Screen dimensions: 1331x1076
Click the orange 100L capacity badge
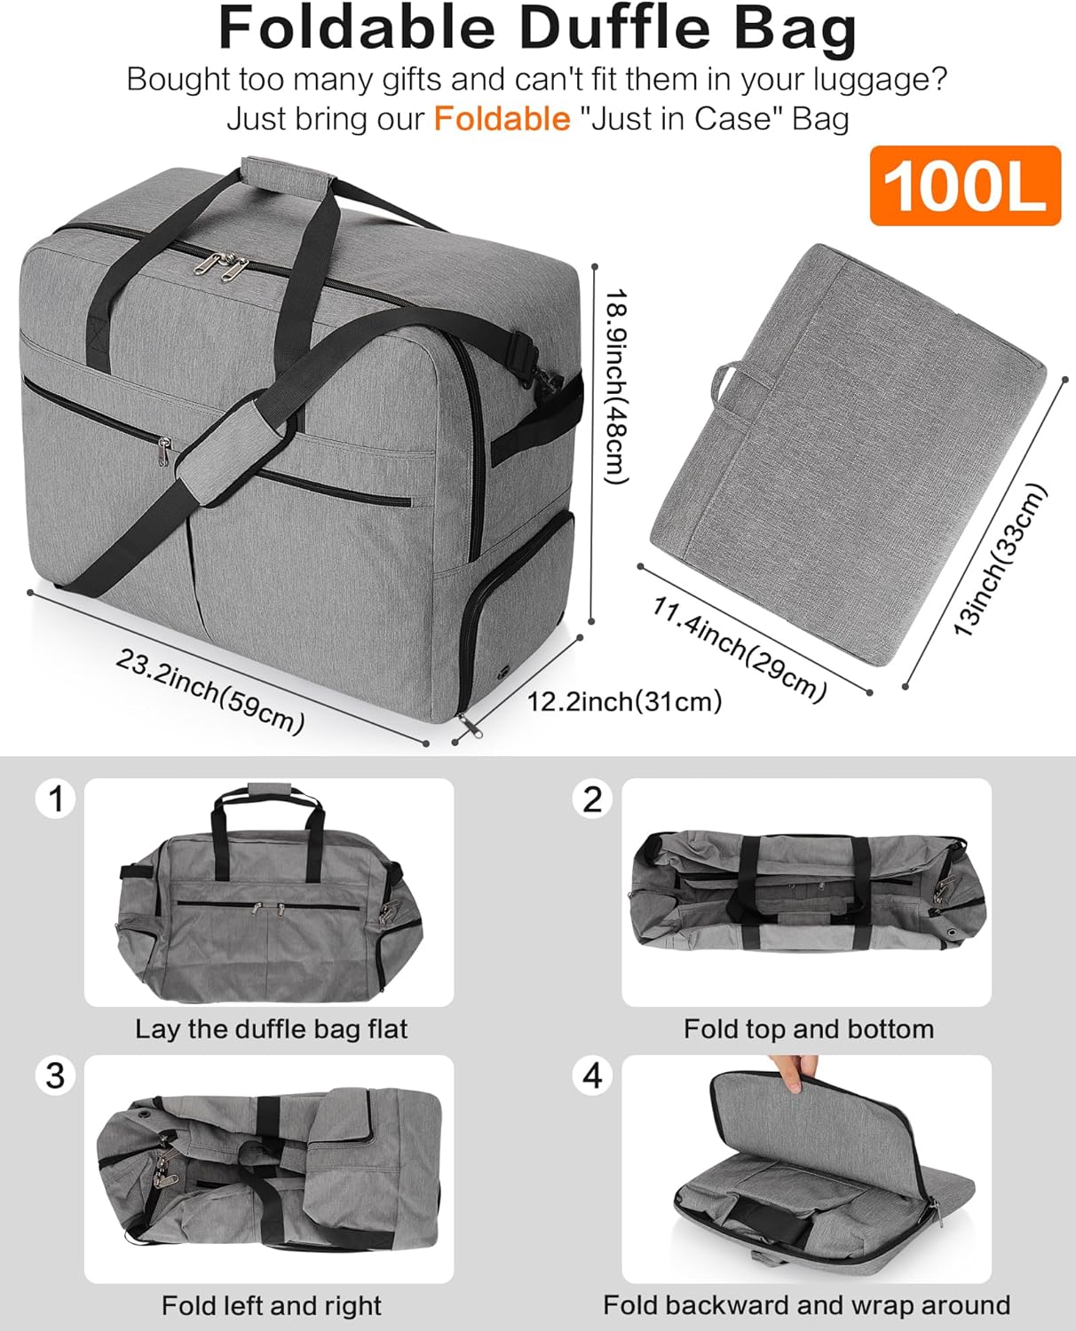(x=965, y=185)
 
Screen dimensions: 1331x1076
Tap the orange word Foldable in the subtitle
(x=502, y=119)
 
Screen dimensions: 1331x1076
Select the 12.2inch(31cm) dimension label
(x=624, y=702)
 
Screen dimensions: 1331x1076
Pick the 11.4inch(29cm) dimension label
(x=740, y=649)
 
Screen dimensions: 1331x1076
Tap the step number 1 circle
(x=55, y=799)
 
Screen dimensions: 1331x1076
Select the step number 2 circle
(x=592, y=799)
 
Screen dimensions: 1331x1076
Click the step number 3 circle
(x=55, y=1075)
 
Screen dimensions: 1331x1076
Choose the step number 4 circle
(x=592, y=1075)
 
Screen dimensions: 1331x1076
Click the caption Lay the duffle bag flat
(x=271, y=1029)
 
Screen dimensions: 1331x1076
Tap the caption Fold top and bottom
(x=808, y=1029)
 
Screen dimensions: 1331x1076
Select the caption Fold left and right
(x=271, y=1306)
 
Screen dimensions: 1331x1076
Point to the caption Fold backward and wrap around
(x=806, y=1305)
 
